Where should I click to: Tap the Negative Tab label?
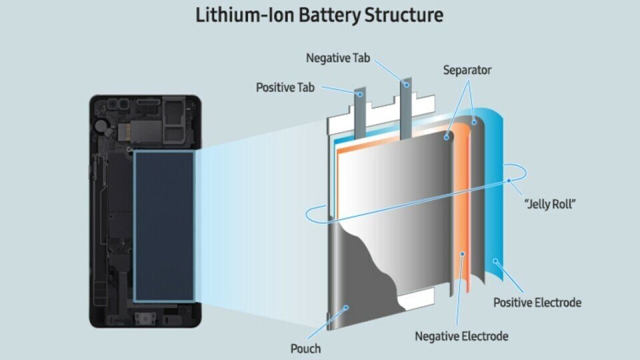337,58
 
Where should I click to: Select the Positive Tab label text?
285,87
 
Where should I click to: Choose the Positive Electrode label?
537,303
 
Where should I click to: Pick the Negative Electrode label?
461,336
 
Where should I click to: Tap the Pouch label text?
305,348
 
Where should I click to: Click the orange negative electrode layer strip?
460,220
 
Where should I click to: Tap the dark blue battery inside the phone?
164,227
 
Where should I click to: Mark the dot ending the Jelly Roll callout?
508,180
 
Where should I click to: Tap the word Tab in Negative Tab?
360,58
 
